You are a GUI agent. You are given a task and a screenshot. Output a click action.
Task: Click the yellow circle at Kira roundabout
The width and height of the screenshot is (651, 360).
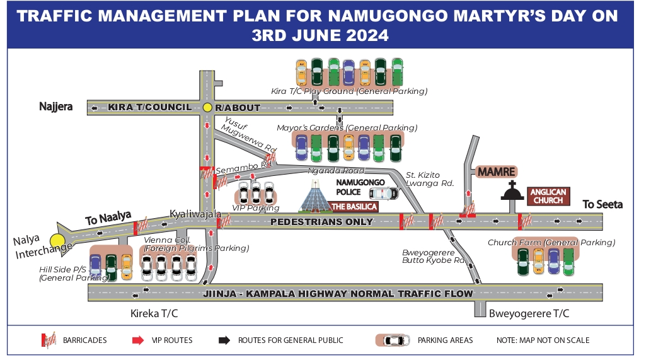pos(207,108)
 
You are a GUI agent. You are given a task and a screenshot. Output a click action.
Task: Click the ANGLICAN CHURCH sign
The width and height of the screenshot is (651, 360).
pos(548,196)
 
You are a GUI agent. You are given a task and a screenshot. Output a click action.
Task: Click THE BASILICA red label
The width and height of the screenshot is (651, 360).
pos(354,207)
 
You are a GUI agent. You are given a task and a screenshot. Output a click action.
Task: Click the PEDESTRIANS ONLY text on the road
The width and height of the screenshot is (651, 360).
pos(321,222)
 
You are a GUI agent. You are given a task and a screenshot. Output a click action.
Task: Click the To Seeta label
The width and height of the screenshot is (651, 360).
pos(602,204)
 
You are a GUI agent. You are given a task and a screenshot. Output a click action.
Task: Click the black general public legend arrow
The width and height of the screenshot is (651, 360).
pos(223,340)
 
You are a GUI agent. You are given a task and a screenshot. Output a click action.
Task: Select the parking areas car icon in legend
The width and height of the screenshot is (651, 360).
pos(393,340)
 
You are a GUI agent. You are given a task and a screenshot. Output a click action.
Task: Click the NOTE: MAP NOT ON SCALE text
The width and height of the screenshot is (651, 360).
pos(543,340)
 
